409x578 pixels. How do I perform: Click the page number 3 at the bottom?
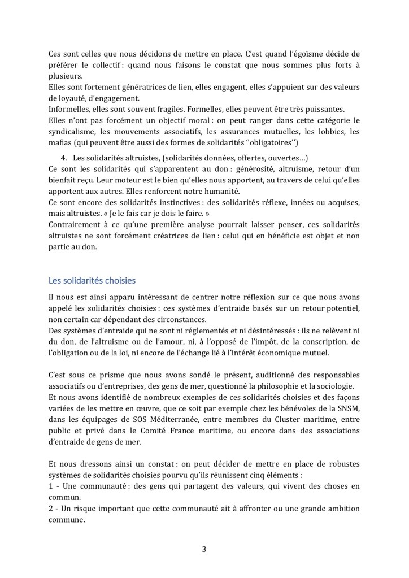pos(204,548)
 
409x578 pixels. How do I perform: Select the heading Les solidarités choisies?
pos(92,280)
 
